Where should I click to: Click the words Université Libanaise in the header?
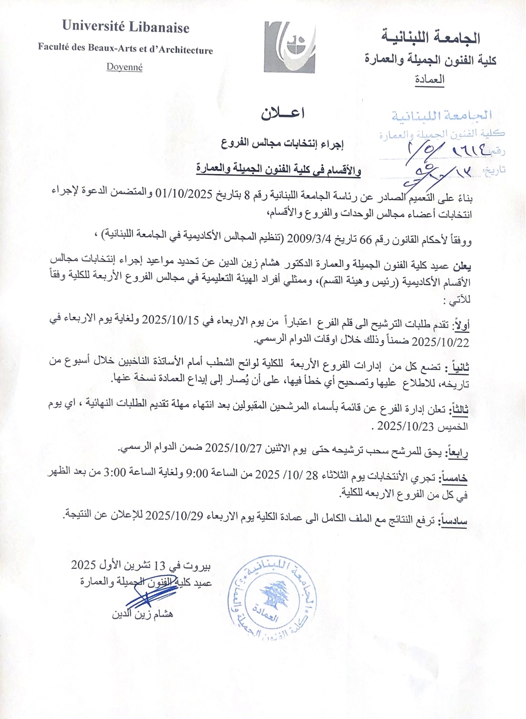click(125, 27)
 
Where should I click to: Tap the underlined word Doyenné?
click(124, 67)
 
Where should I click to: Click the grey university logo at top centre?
click(289, 47)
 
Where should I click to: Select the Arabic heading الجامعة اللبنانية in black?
click(431, 37)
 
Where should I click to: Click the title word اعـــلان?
click(283, 113)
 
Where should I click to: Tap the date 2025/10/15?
click(170, 320)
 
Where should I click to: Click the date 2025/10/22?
click(440, 342)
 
